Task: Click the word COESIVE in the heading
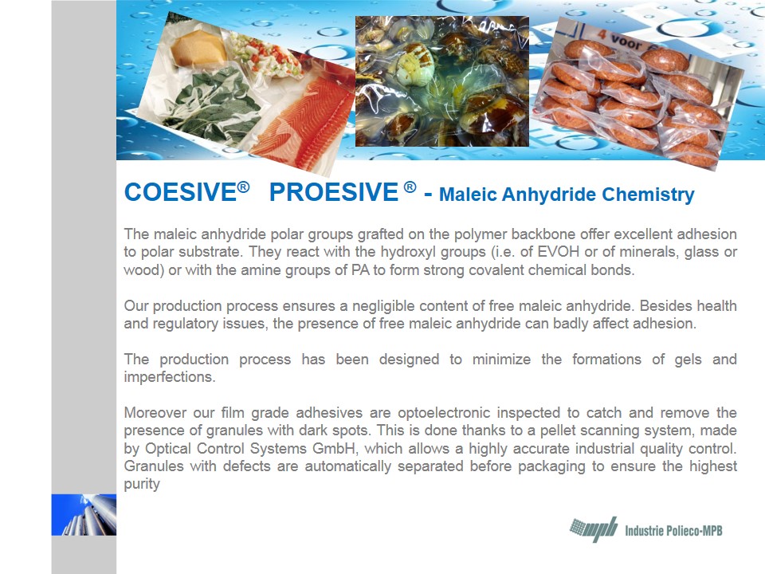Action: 181,192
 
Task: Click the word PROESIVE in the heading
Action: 334,192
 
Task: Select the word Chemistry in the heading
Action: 647,195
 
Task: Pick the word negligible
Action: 383,306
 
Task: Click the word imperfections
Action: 169,377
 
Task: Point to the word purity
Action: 142,485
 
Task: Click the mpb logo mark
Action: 593,529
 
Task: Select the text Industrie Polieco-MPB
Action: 674,531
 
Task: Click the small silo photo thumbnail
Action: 84,514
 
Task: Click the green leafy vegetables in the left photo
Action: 214,105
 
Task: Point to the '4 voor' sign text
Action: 621,40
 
